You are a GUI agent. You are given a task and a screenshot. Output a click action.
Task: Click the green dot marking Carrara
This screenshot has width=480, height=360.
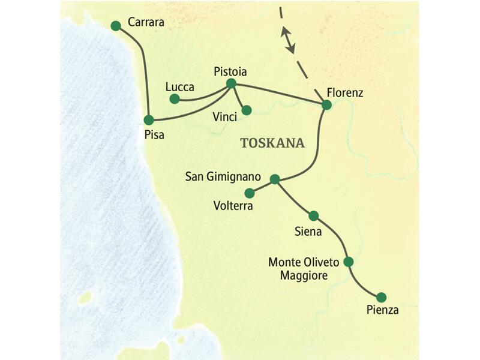click(x=116, y=25)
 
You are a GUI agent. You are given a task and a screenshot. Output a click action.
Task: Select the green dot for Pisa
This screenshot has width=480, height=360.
click(x=149, y=120)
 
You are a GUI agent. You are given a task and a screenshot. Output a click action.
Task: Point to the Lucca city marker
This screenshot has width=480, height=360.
click(x=174, y=98)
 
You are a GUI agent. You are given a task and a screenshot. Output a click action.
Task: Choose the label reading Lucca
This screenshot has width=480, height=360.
click(x=179, y=87)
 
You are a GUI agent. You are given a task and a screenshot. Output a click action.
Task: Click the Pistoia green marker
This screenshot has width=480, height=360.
click(x=231, y=83)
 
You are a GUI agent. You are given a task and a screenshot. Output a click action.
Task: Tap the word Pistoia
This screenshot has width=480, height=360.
click(x=230, y=71)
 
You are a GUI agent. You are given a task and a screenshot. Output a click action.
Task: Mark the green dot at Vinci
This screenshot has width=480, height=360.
click(x=246, y=110)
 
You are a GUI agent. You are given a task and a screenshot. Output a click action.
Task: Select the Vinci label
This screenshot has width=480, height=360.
click(x=224, y=116)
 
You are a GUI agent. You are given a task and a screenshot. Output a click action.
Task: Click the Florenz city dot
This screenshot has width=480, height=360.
click(x=326, y=105)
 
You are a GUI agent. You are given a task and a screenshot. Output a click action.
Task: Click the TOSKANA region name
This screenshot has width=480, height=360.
click(x=272, y=143)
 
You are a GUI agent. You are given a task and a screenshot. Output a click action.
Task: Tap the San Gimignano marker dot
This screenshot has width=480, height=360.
click(x=275, y=179)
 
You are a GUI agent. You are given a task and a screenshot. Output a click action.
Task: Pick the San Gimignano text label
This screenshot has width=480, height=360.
click(x=223, y=178)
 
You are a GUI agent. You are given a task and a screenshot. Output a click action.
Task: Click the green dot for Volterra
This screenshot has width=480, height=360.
click(x=250, y=193)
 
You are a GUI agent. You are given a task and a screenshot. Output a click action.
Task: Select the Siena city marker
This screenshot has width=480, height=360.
click(x=313, y=215)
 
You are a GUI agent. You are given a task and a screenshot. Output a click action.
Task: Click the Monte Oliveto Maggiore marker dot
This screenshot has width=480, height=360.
click(x=348, y=262)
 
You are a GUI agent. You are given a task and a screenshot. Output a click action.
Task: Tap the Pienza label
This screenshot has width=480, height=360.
click(x=382, y=310)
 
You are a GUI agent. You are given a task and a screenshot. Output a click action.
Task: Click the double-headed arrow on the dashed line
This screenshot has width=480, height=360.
click(x=289, y=39)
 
